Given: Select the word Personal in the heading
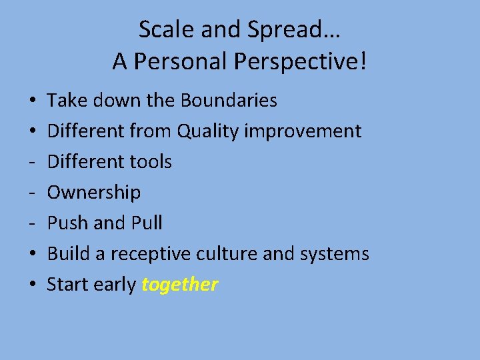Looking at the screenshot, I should click(180, 62).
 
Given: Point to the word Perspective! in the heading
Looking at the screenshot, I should click(300, 63).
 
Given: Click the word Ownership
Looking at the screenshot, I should click(94, 193).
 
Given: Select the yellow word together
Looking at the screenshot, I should click(179, 285).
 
